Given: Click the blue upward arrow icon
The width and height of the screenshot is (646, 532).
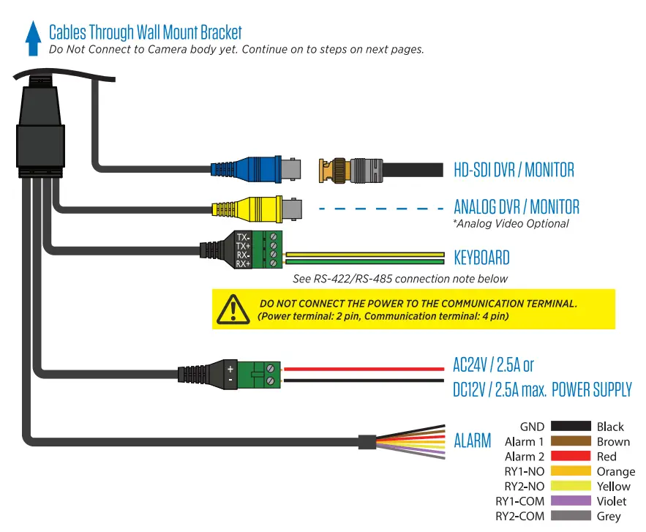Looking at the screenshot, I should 32,38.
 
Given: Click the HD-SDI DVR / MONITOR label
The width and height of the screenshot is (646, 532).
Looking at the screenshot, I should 514,170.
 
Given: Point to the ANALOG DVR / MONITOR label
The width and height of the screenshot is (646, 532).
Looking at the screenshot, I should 517,206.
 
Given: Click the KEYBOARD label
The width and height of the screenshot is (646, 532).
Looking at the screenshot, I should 481,258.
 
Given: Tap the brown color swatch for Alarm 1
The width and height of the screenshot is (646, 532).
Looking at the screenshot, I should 571,441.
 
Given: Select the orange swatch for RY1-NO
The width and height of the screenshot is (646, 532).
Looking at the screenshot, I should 571,471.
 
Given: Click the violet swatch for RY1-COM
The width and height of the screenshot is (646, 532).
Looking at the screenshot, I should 571,501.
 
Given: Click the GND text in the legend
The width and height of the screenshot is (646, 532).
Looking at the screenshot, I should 532,427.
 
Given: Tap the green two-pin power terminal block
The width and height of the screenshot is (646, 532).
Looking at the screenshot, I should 263,374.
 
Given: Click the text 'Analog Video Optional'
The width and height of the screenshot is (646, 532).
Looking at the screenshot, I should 511,223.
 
